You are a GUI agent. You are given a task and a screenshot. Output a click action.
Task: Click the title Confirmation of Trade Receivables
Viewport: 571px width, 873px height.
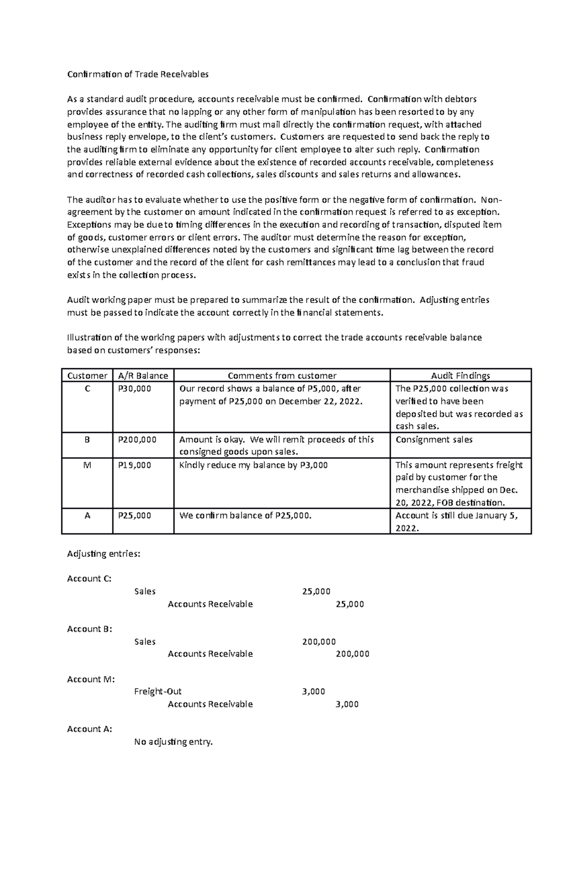(x=138, y=74)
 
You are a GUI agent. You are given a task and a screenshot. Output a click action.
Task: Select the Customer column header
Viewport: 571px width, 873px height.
(x=87, y=375)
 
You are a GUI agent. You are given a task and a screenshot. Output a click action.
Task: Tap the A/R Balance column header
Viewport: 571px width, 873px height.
(x=143, y=375)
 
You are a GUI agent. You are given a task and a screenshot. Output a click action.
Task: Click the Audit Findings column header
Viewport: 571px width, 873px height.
(x=460, y=375)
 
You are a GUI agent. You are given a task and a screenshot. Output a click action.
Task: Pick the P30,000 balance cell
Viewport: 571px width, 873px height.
(x=134, y=389)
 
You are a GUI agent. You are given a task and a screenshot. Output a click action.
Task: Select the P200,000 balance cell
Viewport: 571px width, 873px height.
(x=137, y=440)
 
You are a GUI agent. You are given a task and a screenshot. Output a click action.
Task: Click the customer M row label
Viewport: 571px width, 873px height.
(x=87, y=465)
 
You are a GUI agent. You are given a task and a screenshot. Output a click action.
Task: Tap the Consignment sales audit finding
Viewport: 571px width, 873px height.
(x=434, y=440)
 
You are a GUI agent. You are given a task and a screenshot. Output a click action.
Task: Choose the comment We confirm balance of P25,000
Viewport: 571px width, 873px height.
(x=245, y=515)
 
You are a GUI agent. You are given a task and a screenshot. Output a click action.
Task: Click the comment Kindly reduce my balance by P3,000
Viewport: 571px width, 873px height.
(x=253, y=465)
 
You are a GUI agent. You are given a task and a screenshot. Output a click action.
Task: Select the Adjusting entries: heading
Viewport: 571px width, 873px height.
(x=104, y=554)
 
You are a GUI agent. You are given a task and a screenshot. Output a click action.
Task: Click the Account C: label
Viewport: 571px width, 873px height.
(x=89, y=579)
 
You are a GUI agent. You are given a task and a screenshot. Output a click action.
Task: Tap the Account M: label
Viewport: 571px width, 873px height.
(x=90, y=679)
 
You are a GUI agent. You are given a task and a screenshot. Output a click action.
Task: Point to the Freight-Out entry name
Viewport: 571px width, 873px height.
(x=158, y=691)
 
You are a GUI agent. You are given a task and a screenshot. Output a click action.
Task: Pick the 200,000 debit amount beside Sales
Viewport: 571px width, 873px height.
(x=319, y=641)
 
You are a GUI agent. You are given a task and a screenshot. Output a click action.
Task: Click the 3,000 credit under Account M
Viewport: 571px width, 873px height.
(x=347, y=704)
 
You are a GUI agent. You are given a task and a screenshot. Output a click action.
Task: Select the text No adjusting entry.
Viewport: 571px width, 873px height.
(x=174, y=742)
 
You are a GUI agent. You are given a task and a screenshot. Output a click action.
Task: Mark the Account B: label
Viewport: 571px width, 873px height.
(x=89, y=629)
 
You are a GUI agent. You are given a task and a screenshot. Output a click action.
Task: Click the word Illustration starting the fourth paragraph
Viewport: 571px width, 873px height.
(x=89, y=337)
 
